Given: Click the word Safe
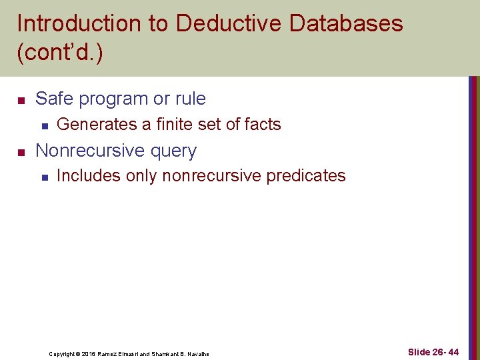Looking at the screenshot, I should pyautogui.click(x=52, y=99).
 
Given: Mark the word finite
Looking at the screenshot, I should pyautogui.click(x=182, y=124).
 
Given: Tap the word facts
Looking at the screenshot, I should pyautogui.click(x=263, y=124).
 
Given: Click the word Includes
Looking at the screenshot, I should pyautogui.click(x=87, y=175).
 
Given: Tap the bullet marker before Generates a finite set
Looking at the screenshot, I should pyautogui.click(x=44, y=125).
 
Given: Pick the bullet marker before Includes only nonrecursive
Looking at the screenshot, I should pyautogui.click(x=44, y=177).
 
